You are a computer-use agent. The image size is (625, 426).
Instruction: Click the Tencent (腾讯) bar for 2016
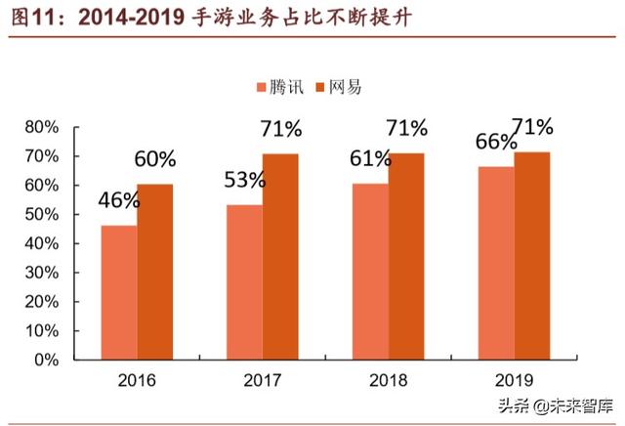click(119, 292)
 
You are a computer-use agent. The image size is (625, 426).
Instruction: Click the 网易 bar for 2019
click(532, 255)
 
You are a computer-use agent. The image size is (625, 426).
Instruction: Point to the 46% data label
click(118, 202)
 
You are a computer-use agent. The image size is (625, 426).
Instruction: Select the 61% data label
click(370, 156)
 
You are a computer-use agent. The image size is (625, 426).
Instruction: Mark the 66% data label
click(496, 142)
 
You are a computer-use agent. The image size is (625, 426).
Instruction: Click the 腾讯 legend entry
click(277, 87)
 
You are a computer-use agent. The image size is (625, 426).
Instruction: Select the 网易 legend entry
click(338, 87)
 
